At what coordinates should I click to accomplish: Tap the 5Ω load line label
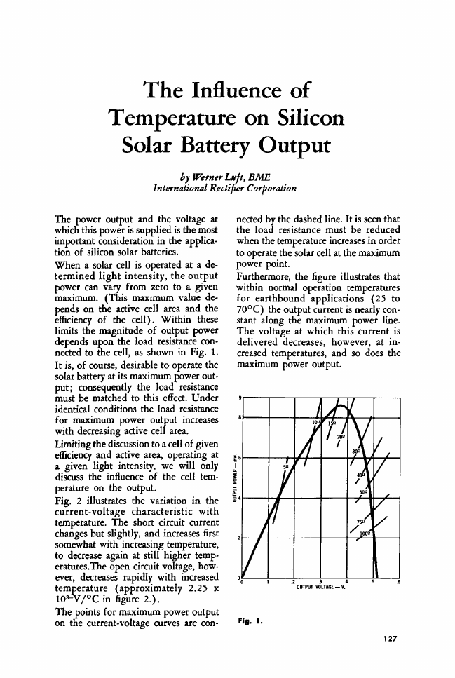point(286,466)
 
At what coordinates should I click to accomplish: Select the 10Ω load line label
point(318,421)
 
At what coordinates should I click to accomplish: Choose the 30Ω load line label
point(356,452)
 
